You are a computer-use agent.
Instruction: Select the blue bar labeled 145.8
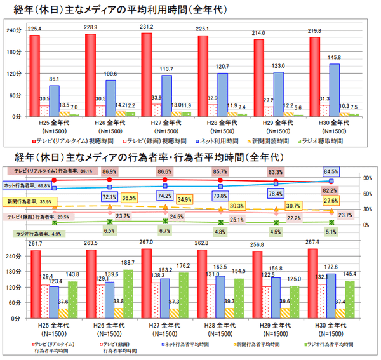pos(334,89)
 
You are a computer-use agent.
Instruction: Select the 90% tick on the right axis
pos(367,178)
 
